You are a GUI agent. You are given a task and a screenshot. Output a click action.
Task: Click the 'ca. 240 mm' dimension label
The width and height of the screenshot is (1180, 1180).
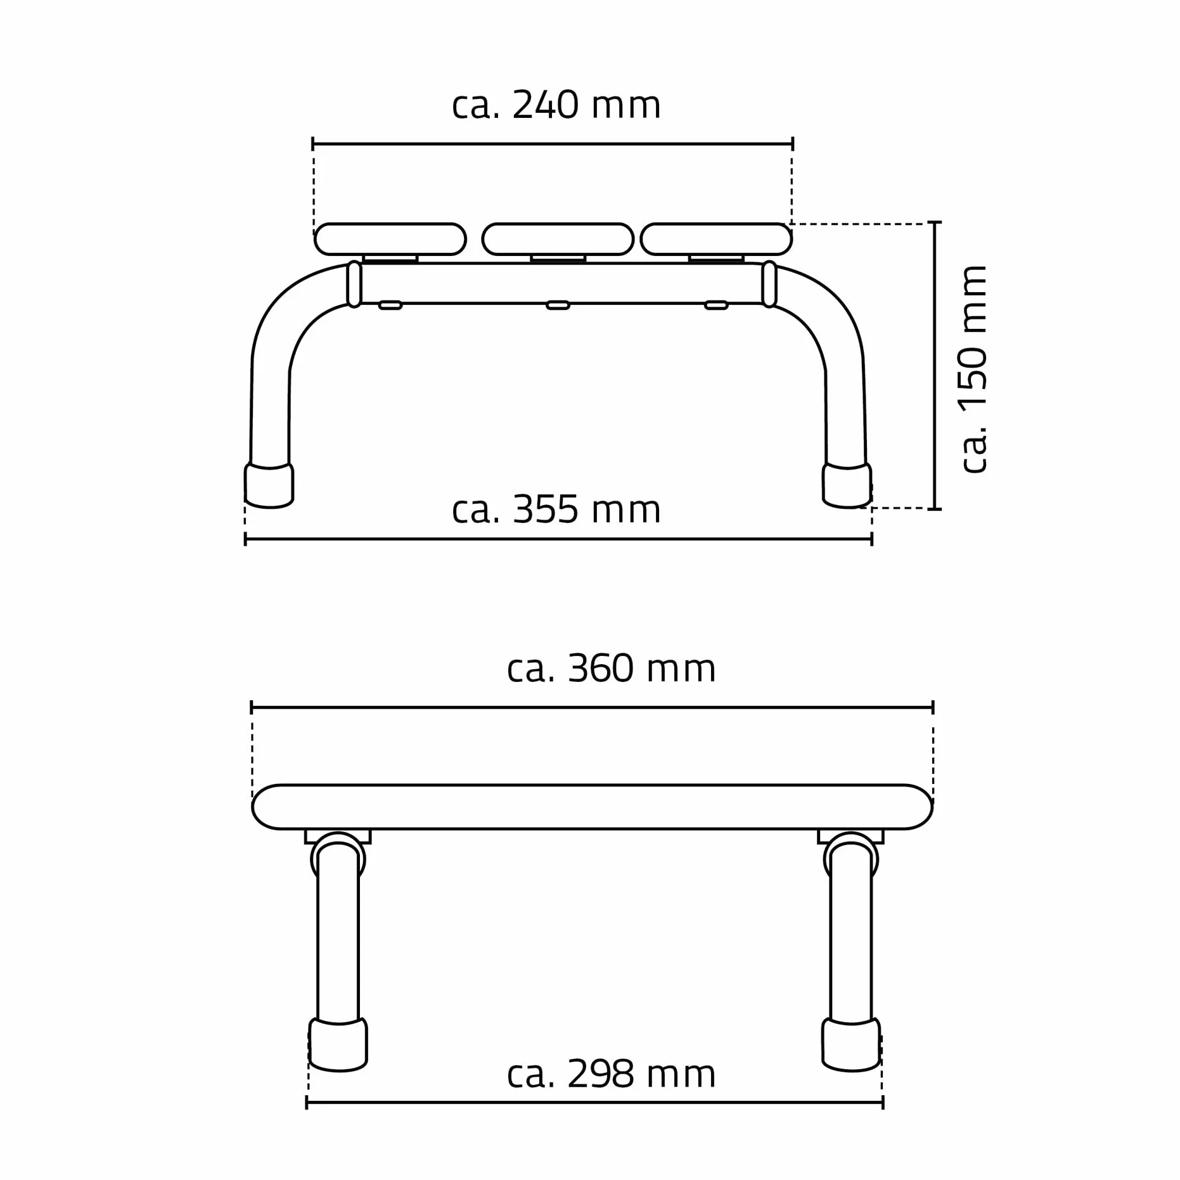pos(556,105)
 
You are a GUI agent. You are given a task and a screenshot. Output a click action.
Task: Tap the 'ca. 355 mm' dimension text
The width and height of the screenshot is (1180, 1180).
pos(556,510)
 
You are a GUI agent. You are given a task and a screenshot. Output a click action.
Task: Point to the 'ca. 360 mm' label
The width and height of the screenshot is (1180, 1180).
pos(611,669)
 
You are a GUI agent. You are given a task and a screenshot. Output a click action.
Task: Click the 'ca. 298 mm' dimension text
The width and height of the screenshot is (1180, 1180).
pos(611,1074)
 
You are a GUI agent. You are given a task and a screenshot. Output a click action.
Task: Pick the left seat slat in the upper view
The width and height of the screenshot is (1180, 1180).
pos(390,239)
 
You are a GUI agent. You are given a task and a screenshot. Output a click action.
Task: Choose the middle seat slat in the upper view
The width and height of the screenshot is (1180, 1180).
pos(558,239)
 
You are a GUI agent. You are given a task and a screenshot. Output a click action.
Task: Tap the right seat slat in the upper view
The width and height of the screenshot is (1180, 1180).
pos(716,239)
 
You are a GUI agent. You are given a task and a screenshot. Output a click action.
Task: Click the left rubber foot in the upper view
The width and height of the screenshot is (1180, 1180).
pos(269,485)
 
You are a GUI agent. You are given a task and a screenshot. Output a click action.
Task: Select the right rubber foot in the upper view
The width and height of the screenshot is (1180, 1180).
pos(847,485)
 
